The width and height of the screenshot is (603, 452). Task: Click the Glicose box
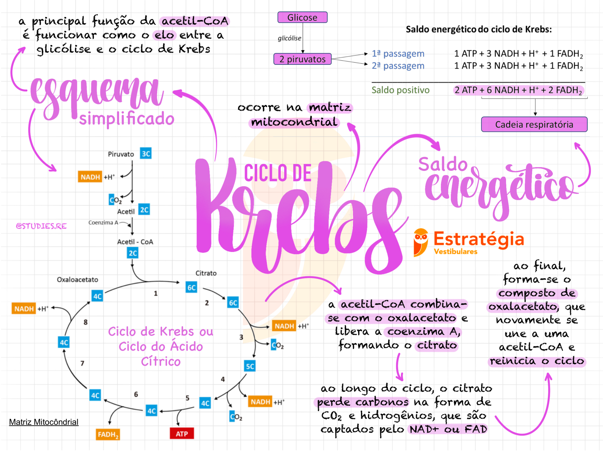302,17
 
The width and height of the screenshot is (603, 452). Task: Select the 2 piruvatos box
302,59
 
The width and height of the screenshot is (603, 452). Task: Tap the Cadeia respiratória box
534,124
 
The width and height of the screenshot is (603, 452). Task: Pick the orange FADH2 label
108,434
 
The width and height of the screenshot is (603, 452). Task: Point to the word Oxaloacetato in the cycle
77,279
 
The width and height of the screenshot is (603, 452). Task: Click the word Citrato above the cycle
206,273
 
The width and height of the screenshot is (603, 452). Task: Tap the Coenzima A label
103,222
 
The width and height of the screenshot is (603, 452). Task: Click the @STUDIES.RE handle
41,226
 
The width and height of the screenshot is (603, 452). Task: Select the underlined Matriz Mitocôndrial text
44,422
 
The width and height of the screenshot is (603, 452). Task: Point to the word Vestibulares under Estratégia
455,251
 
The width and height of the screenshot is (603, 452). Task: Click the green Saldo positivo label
400,90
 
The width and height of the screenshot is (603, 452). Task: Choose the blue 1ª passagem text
398,54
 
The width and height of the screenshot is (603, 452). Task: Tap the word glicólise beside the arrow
289,38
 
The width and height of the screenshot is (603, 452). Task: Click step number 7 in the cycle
82,363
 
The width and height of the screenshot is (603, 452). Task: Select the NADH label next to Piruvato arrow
90,177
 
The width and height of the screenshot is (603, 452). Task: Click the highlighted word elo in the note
164,35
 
